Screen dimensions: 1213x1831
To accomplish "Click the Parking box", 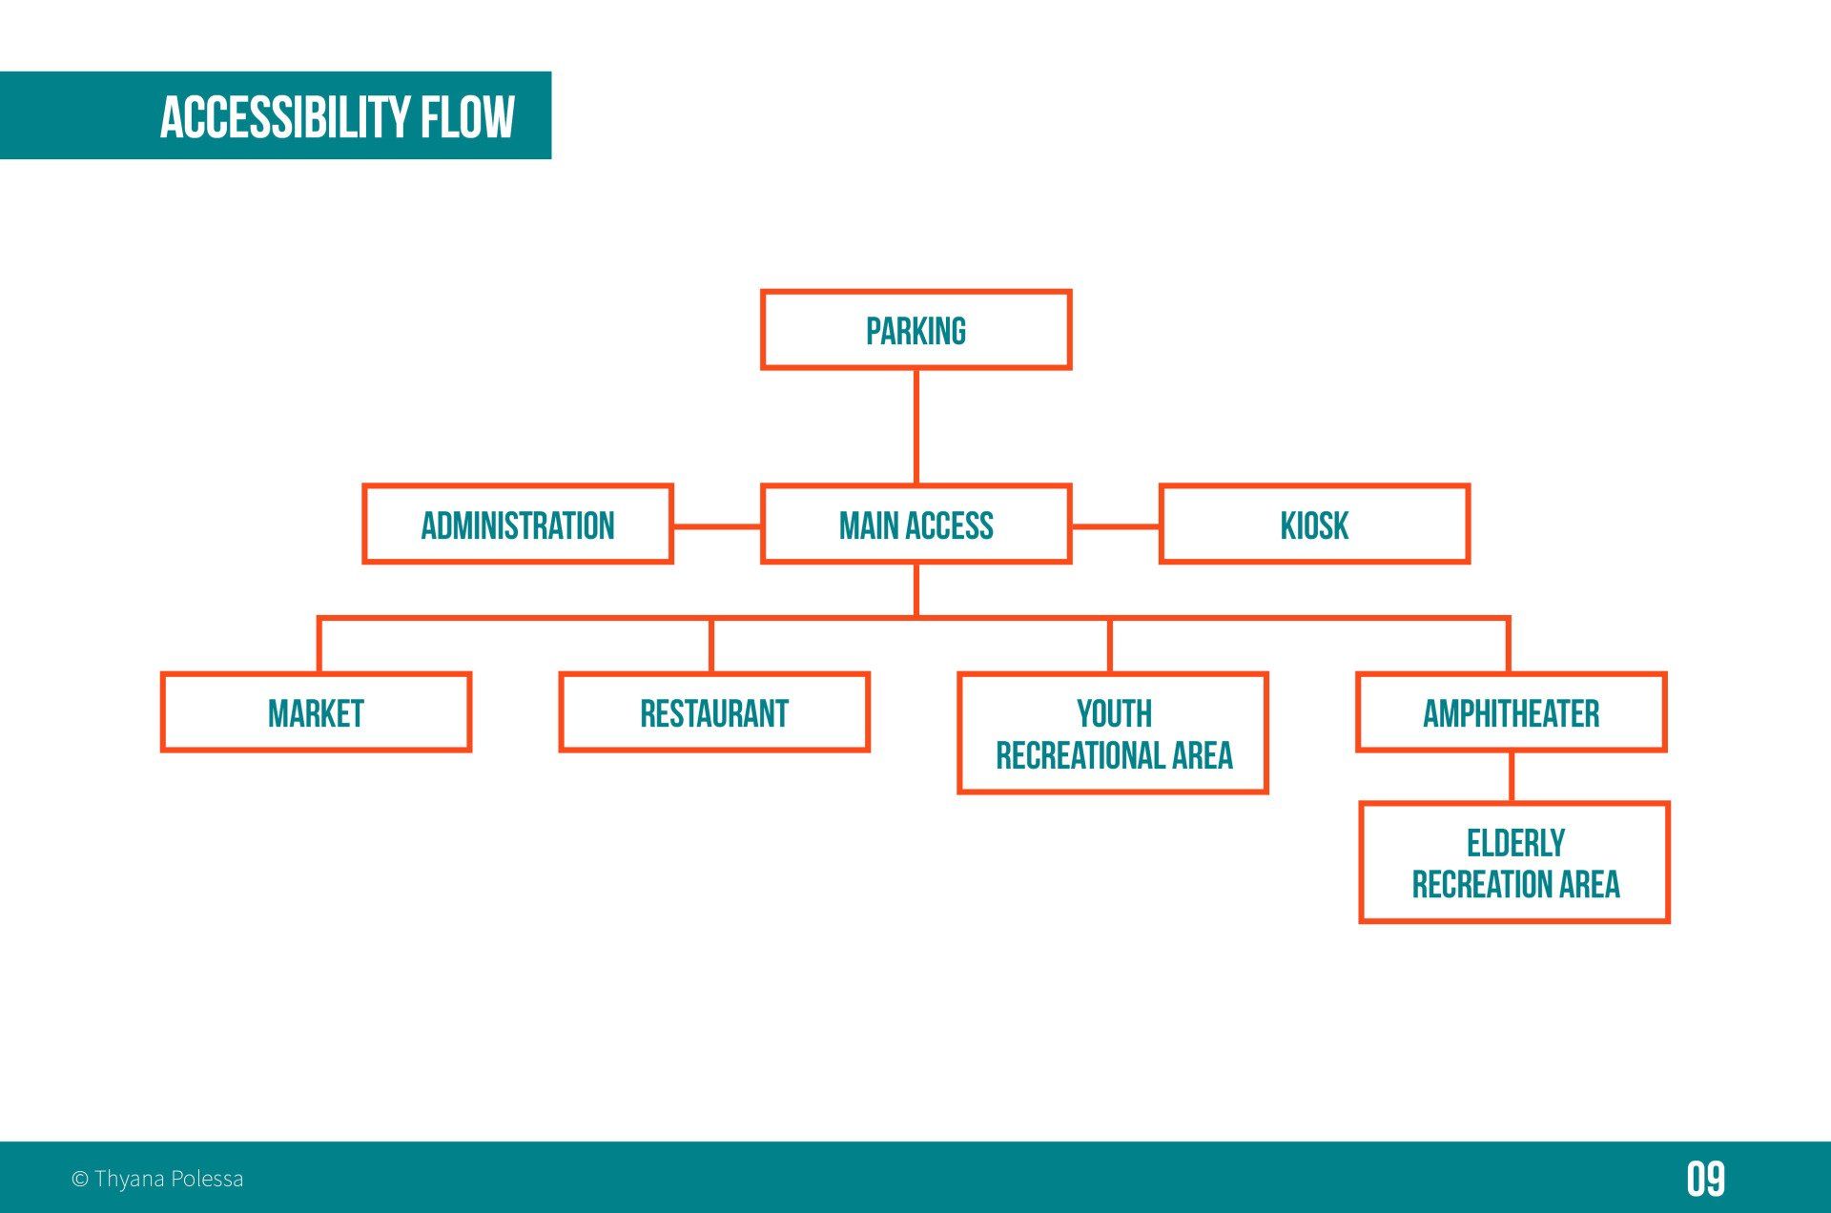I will tap(915, 330).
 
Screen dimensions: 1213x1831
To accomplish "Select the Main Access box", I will tap(915, 524).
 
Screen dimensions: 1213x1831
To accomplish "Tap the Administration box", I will tap(518, 524).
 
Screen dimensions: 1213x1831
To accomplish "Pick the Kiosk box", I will tap(1314, 524).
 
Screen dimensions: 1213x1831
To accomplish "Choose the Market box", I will tap(316, 712).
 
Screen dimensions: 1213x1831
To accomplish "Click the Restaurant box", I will tap(714, 712).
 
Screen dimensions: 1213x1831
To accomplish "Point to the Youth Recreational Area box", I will tap(1113, 733).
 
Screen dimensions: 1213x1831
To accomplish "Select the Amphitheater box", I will tap(1512, 712).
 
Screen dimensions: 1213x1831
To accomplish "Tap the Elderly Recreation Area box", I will tap(1514, 863).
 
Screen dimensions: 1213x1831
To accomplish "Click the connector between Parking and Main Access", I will tap(915, 426).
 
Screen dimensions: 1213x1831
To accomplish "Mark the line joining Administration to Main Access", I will tap(717, 525).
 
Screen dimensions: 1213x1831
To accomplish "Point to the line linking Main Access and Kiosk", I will tap(1115, 525).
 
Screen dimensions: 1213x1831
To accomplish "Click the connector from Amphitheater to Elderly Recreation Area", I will tap(1512, 777).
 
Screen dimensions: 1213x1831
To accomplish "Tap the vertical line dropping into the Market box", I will tap(319, 647).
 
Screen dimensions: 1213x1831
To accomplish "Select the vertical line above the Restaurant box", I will tap(711, 647).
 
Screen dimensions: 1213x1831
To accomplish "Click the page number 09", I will tap(1705, 1179).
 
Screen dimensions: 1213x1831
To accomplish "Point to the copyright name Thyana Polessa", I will tap(169, 1179).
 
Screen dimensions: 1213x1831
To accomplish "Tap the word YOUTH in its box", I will tap(1114, 713).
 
